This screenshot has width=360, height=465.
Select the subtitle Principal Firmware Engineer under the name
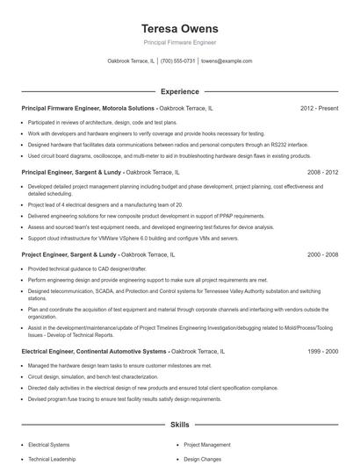click(x=179, y=42)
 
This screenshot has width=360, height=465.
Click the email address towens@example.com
click(x=227, y=61)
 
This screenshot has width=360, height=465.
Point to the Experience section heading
click(x=179, y=91)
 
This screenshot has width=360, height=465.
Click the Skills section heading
click(x=179, y=424)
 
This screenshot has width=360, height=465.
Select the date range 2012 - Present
click(x=319, y=109)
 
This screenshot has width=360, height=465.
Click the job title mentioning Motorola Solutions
click(x=88, y=109)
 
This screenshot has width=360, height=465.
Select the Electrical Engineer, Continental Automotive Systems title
click(x=93, y=351)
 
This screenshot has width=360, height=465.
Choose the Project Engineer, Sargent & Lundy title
click(x=70, y=254)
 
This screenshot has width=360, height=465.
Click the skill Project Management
click(x=206, y=445)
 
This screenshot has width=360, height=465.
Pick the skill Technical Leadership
click(x=54, y=458)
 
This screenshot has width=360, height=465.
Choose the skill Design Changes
click(x=201, y=458)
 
